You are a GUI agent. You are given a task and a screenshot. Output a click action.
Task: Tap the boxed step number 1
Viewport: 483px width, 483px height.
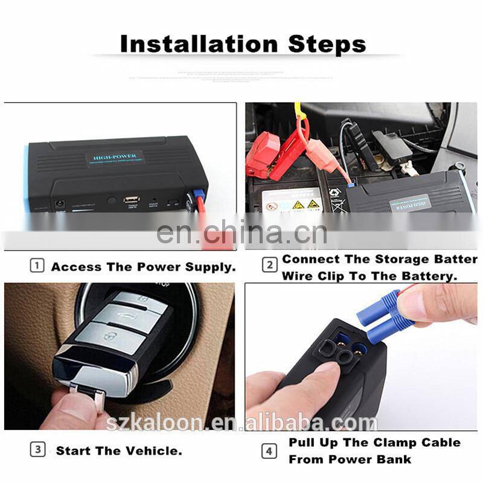37,266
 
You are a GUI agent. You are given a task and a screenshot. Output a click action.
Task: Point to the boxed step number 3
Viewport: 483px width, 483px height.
37,450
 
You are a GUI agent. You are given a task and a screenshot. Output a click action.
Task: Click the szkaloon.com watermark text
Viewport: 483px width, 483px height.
241,422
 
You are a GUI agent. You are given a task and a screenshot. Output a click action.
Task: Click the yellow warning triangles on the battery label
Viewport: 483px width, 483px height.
304,205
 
